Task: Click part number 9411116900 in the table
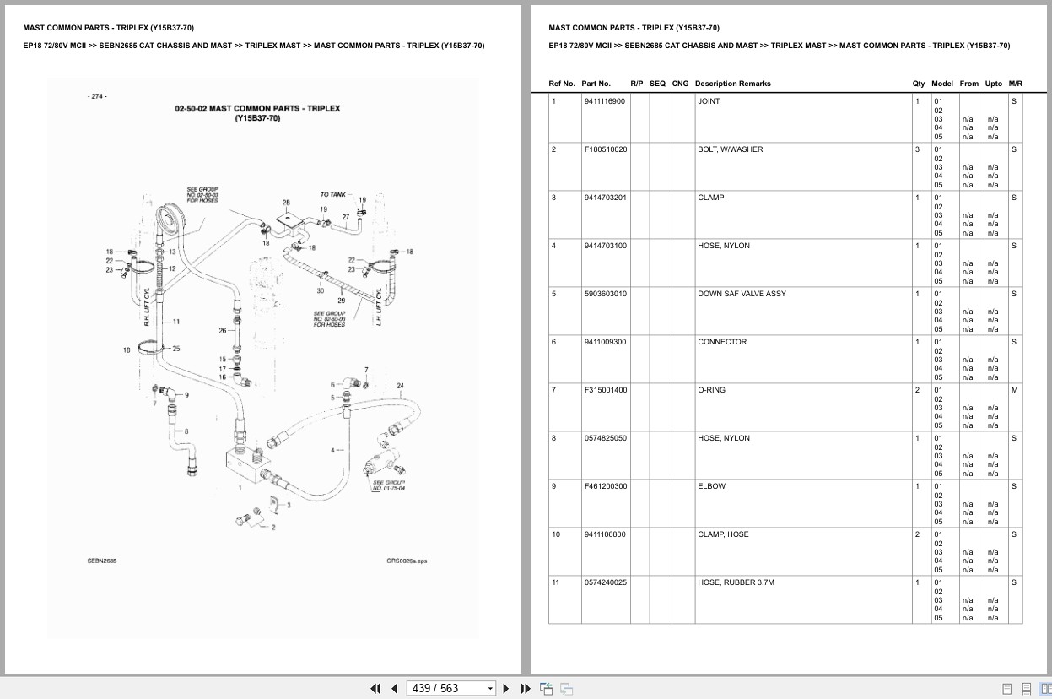[x=604, y=101]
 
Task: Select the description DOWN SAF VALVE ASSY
[x=742, y=294]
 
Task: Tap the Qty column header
[x=919, y=84]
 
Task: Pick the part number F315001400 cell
[x=606, y=390]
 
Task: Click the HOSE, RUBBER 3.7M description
[x=736, y=582]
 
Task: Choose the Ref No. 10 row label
[x=556, y=534]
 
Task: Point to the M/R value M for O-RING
[x=1014, y=390]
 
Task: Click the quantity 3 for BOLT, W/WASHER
[x=917, y=149]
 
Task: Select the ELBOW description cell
[x=711, y=486]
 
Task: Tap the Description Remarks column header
[x=732, y=84]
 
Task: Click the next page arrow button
[x=506, y=689]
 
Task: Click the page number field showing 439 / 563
[x=450, y=688]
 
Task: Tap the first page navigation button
[x=375, y=689]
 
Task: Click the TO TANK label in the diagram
[x=332, y=195]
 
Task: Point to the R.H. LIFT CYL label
[x=146, y=307]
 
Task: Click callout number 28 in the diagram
[x=286, y=203]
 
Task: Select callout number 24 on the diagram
[x=400, y=386]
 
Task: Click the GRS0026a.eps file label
[x=407, y=561]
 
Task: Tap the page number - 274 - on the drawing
[x=97, y=96]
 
